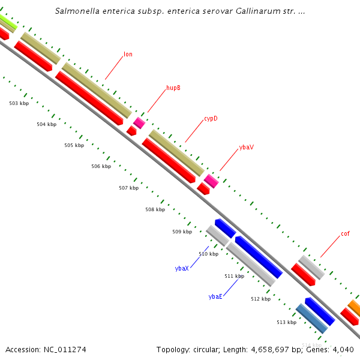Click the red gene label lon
tap(128, 55)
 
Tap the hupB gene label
tap(173, 88)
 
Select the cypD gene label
tap(210, 119)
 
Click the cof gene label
tap(345, 234)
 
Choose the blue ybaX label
tap(182, 268)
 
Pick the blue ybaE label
tap(215, 296)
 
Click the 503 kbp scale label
tap(19, 104)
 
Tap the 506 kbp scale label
tap(101, 166)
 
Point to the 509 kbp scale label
tap(182, 232)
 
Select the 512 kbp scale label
tap(260, 299)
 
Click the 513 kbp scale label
tap(286, 322)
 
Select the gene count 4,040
tap(343, 349)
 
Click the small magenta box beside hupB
tap(139, 123)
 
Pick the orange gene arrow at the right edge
tap(355, 309)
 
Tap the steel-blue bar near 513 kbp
tap(311, 319)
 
